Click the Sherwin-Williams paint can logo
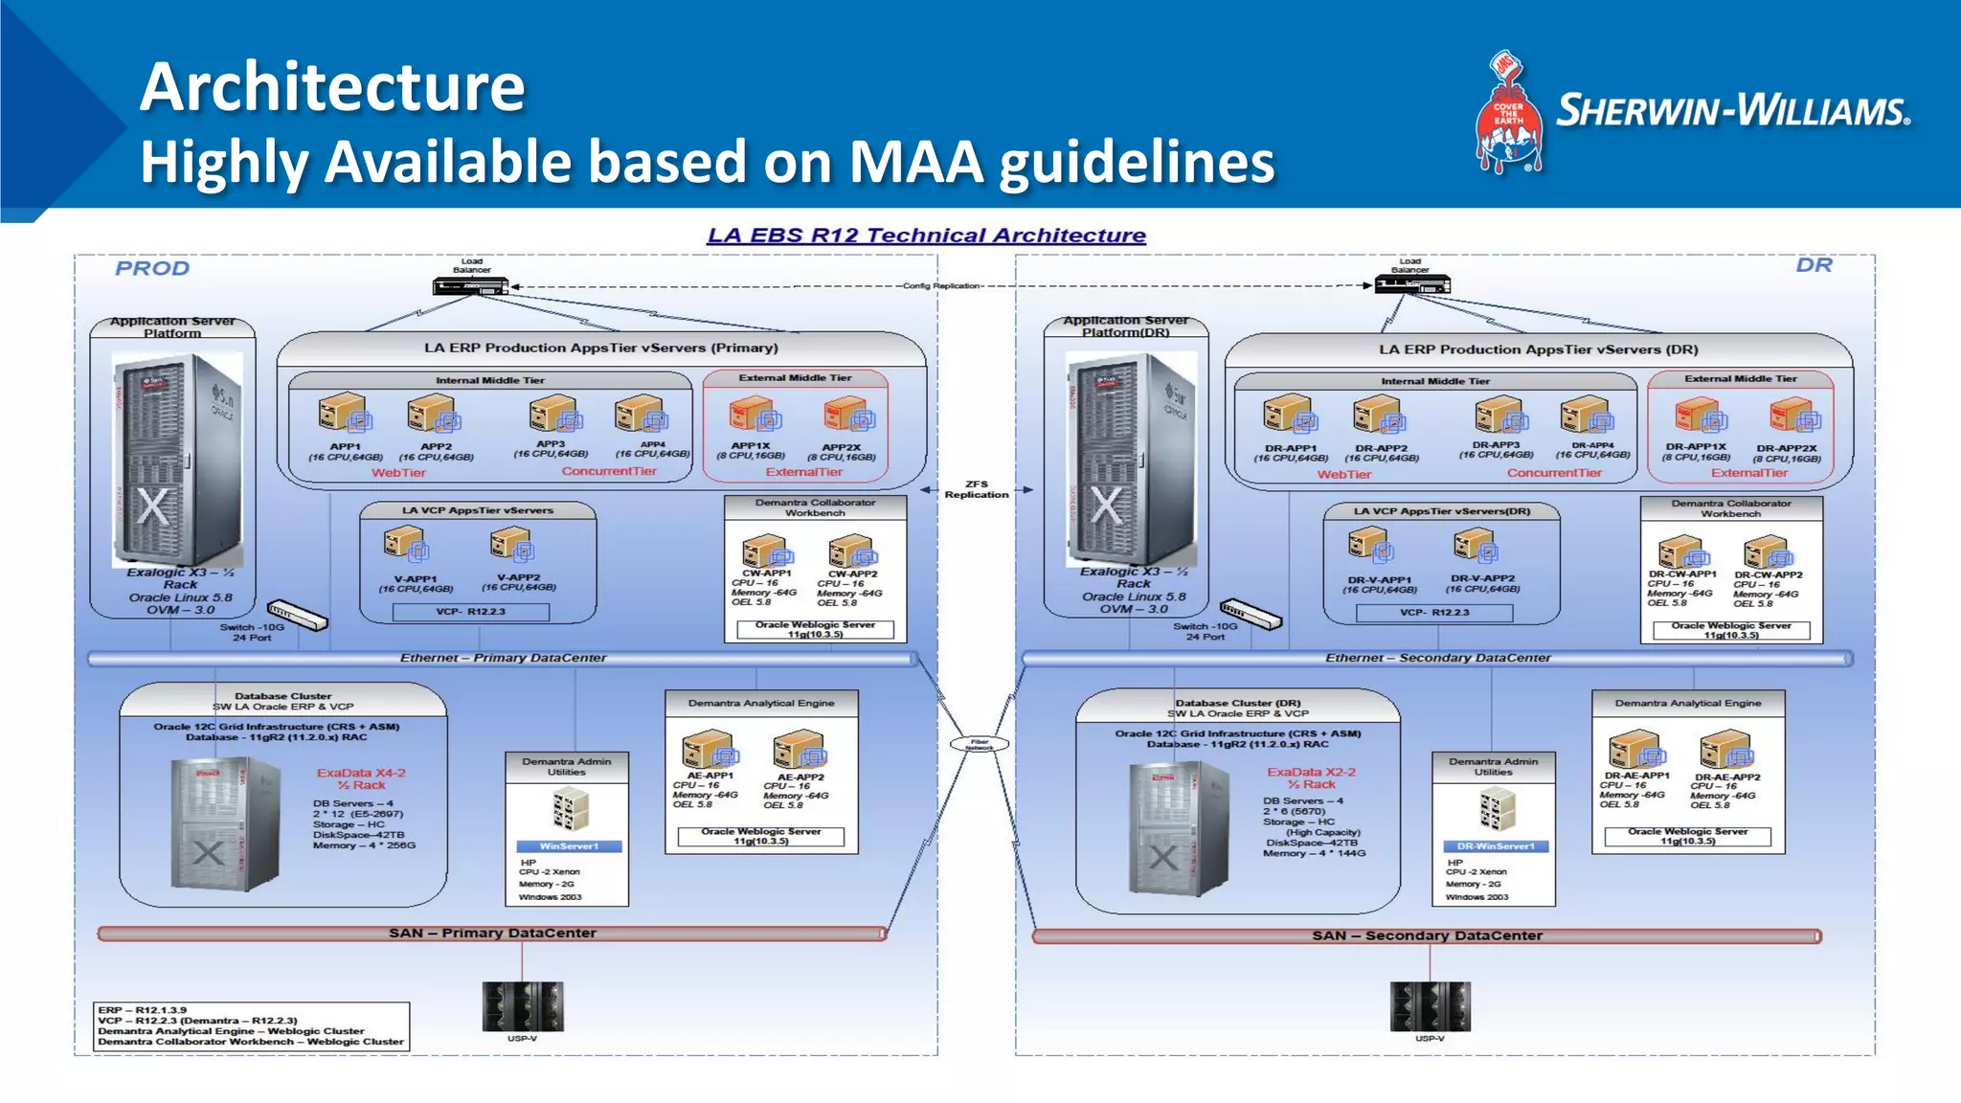pyautogui.click(x=1509, y=113)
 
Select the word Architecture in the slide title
pyautogui.click(x=332, y=86)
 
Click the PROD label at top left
pyautogui.click(x=152, y=268)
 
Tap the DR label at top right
pyautogui.click(x=1814, y=265)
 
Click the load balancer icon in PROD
pyautogui.click(x=469, y=285)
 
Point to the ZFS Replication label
pyautogui.click(x=976, y=489)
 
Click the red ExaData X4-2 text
pyautogui.click(x=361, y=773)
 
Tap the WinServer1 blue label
pyautogui.click(x=569, y=846)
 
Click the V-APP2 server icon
pyautogui.click(x=511, y=546)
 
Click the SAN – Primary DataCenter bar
pyautogui.click(x=492, y=933)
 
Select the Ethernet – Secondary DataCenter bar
pyautogui.click(x=1436, y=659)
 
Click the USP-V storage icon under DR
pyautogui.click(x=1430, y=1005)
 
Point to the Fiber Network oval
pyautogui.click(x=979, y=744)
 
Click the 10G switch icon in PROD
pyautogui.click(x=297, y=615)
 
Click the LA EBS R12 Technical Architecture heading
pyautogui.click(x=926, y=236)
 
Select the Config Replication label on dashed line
pyautogui.click(x=940, y=286)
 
